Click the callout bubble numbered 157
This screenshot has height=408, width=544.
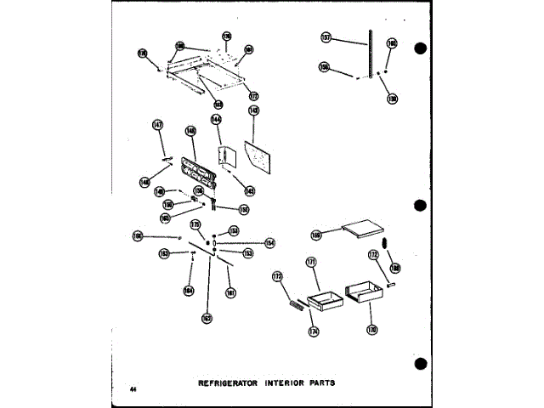click(326, 37)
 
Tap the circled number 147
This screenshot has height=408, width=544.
click(157, 125)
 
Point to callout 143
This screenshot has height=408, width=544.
click(254, 110)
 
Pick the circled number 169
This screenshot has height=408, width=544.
click(316, 235)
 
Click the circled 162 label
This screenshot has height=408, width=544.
click(207, 318)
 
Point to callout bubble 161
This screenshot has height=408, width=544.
click(230, 294)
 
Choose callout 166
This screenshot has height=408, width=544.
click(138, 236)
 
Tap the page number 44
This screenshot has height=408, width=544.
click(133, 388)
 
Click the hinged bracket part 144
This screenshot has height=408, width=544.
click(223, 160)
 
